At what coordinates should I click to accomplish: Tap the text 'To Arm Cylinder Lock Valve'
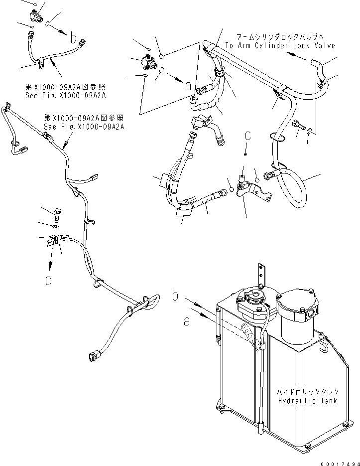280,45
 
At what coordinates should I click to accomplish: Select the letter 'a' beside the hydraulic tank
187,322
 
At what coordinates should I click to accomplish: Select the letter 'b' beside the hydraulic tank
175,296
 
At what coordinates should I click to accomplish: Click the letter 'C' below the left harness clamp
48,281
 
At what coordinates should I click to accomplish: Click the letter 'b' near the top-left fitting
73,37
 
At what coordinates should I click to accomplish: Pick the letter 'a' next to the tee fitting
188,86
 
